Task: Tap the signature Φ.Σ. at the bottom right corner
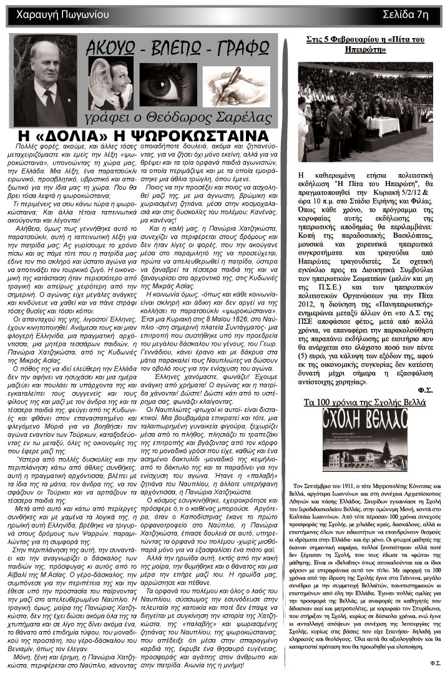point(434,662)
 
